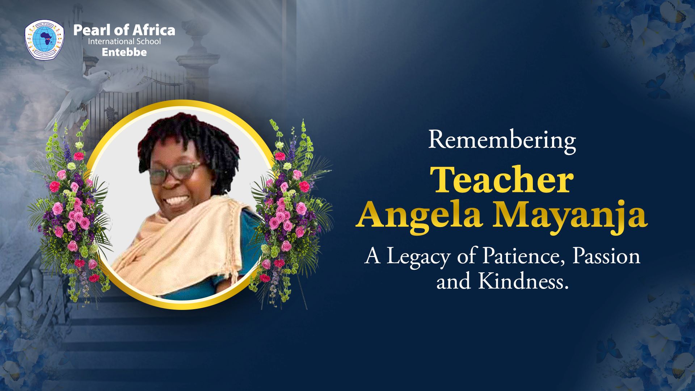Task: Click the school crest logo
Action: [45, 39]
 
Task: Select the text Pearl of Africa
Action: [124, 30]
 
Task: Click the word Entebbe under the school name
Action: [124, 52]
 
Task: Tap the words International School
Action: [124, 41]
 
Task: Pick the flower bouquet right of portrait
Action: [290, 214]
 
